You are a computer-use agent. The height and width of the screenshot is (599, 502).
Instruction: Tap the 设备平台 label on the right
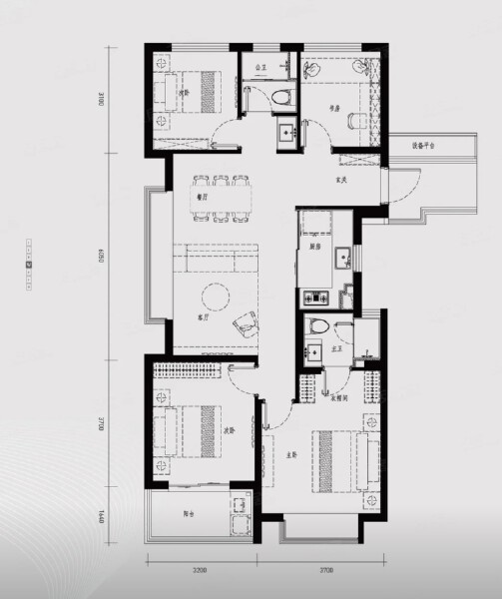[x=425, y=145]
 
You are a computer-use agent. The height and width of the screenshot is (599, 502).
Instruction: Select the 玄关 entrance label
[x=340, y=180]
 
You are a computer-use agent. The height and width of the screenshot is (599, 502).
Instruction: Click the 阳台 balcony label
[x=189, y=517]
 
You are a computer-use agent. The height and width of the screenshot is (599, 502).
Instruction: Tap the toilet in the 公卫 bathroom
[x=282, y=97]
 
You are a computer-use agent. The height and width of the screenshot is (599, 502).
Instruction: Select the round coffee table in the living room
[x=215, y=296]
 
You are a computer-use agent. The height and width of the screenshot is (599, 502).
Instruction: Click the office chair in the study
[x=356, y=119]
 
